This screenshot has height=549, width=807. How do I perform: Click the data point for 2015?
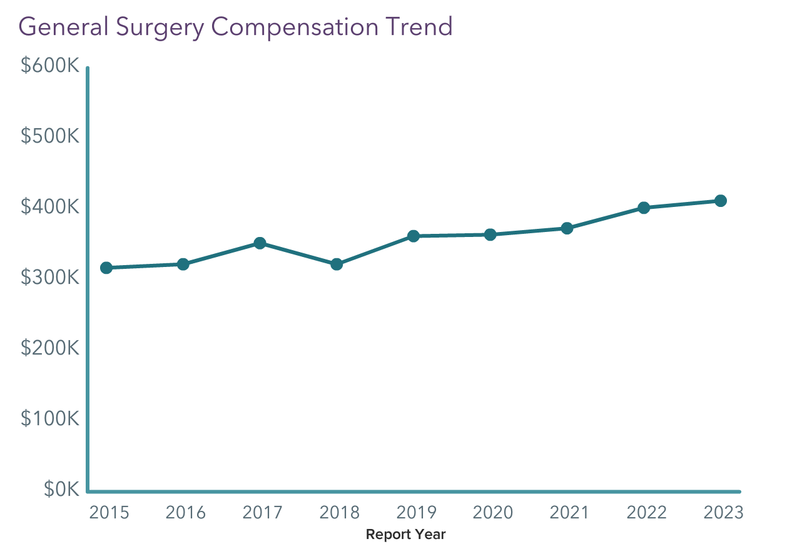[x=106, y=268]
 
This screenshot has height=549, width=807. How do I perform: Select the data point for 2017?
[x=260, y=243]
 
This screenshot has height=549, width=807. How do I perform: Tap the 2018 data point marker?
[x=337, y=264]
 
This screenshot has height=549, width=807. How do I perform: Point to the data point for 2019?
[x=414, y=236]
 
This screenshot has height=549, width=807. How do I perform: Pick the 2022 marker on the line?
[x=644, y=208]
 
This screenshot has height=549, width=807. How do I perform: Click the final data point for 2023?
[x=721, y=201]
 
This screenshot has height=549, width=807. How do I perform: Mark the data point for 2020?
[x=490, y=234]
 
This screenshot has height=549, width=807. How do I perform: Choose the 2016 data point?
[x=183, y=264]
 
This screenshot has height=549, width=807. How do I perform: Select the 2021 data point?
[x=567, y=228]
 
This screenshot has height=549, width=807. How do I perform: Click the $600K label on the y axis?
[x=50, y=66]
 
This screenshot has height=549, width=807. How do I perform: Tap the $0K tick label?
[x=61, y=490]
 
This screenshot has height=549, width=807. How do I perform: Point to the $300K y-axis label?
[x=50, y=278]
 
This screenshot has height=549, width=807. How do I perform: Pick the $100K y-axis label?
[x=50, y=419]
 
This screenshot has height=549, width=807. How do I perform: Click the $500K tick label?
[x=50, y=136]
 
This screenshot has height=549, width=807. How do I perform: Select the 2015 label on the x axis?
[x=109, y=513]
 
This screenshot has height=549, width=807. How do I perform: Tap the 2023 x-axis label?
[x=724, y=513]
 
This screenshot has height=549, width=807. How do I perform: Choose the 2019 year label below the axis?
[x=417, y=513]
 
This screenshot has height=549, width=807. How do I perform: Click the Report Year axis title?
[x=405, y=535]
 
